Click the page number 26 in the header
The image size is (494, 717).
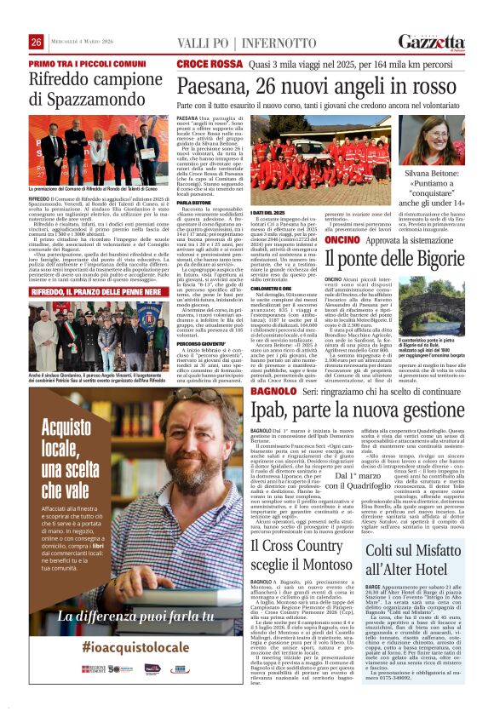pyautogui.click(x=37, y=42)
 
